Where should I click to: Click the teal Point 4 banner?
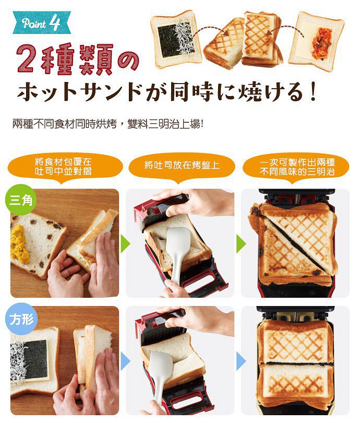pos(42,22)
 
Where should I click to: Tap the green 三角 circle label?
pos(21,199)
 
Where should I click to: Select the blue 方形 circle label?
pos(21,319)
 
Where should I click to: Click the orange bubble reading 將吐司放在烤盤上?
pos(182,165)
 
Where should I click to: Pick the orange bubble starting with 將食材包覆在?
pos(64,167)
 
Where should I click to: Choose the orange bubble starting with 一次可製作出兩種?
pos(296,167)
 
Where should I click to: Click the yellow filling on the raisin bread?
pos(20,244)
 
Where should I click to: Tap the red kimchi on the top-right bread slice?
pos(321,44)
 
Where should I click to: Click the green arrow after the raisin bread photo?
pos(126,244)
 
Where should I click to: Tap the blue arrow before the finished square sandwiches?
pos(241,361)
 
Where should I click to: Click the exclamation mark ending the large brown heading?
pos(313,91)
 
